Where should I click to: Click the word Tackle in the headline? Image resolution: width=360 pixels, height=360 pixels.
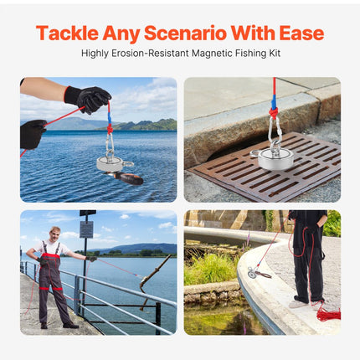point(67,33)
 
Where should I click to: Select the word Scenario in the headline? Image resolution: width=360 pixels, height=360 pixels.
point(185,33)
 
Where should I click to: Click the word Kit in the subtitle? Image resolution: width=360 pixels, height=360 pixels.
point(275,53)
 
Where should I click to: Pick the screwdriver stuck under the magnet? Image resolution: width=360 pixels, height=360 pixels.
point(125,177)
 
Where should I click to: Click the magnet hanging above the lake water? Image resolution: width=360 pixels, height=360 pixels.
point(111,164)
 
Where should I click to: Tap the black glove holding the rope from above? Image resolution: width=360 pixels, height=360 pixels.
point(88,99)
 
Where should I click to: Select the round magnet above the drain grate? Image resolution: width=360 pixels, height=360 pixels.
point(274,159)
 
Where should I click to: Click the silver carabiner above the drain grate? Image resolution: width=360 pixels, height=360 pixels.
point(275,131)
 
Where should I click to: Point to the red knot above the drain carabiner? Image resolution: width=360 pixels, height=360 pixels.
point(273,113)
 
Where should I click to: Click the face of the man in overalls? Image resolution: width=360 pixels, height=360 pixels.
point(54,234)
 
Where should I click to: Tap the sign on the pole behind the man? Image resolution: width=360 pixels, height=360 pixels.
point(86,229)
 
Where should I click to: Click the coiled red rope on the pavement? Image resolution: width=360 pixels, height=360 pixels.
point(328,313)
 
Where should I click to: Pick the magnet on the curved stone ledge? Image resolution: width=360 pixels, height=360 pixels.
point(253,272)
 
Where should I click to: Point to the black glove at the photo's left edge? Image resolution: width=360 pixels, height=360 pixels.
point(32,135)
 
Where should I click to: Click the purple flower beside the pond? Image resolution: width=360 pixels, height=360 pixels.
point(248,240)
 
